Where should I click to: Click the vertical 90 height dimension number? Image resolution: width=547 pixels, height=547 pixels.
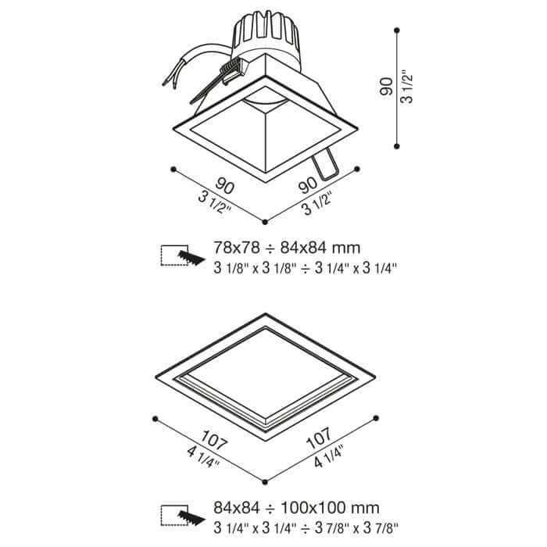(386, 86)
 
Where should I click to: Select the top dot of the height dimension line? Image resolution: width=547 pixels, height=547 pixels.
(396, 30)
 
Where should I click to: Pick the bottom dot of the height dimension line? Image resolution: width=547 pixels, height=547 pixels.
(396, 146)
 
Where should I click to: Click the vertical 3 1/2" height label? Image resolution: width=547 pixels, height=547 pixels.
(407, 88)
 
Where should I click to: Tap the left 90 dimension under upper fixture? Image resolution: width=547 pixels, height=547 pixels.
(224, 186)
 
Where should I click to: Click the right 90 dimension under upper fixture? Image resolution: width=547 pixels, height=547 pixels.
(308, 185)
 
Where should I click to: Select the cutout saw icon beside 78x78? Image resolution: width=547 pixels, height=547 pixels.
(182, 256)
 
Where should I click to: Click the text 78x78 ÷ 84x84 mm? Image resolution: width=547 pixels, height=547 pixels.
(287, 248)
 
